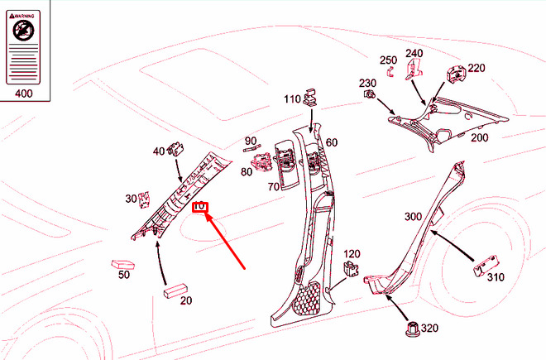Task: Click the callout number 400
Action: [x=24, y=94]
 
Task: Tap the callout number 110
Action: [x=293, y=99]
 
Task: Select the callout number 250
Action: [x=389, y=60]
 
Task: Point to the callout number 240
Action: [x=414, y=54]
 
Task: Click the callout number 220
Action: [x=477, y=69]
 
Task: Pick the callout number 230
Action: [x=366, y=83]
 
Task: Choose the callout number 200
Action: [x=480, y=137]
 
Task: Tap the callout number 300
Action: [x=413, y=217]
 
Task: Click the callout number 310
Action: [x=495, y=277]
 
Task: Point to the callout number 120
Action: [x=352, y=254]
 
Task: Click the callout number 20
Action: [x=186, y=300]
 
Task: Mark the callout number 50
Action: [x=124, y=274]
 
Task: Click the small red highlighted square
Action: [x=199, y=207]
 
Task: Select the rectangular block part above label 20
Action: [x=175, y=290]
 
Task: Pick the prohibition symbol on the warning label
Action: [x=24, y=32]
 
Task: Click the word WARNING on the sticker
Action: [x=27, y=15]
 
